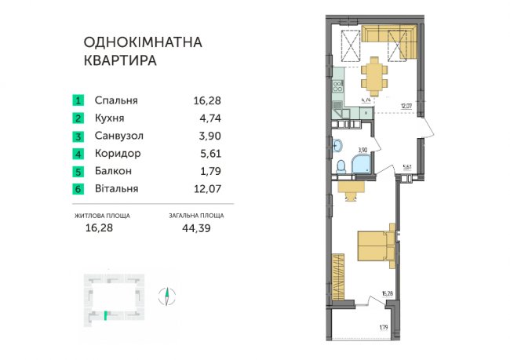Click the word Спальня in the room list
pos(115,100)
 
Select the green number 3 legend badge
pos(78,136)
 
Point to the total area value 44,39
pos(195,228)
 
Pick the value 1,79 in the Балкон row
pos(203,171)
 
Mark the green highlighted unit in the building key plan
pos(104,316)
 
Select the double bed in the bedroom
pos(376,245)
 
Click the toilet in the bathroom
pos(342,167)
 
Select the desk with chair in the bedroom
pos(351,187)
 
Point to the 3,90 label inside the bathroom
pos(362,148)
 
